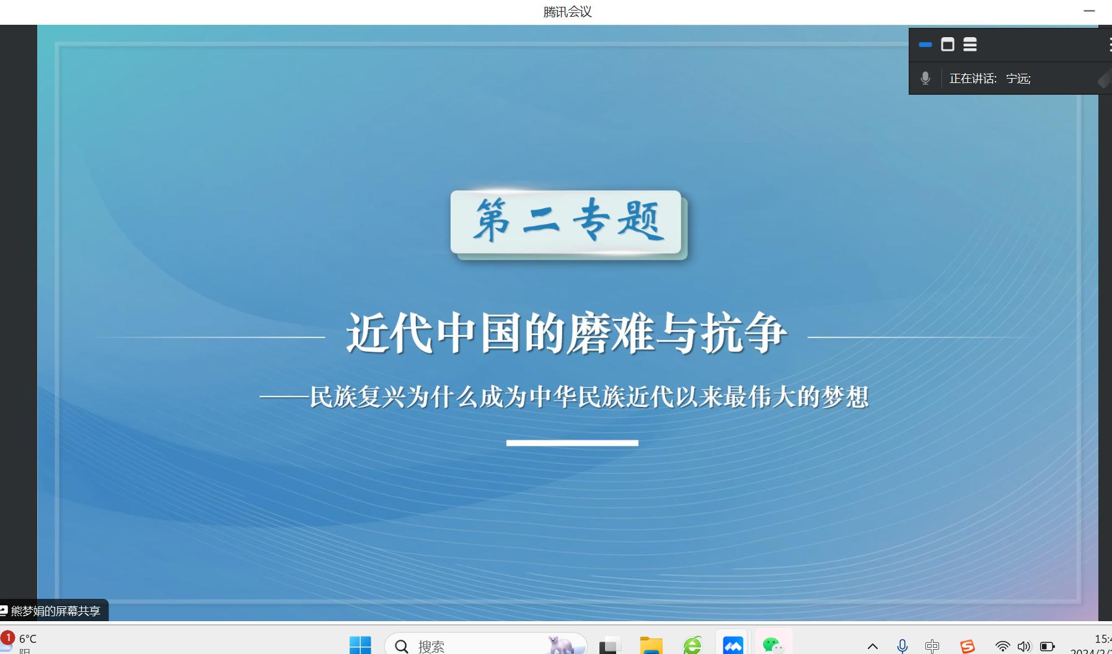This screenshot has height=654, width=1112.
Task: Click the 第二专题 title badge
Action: [x=567, y=222]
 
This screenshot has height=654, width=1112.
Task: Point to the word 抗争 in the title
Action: [x=744, y=333]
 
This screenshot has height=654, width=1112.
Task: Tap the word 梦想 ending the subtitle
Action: [x=845, y=397]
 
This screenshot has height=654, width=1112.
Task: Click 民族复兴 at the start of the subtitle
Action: [x=358, y=397]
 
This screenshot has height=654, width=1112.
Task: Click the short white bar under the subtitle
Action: [x=572, y=443]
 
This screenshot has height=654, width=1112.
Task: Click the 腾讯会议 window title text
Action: [x=567, y=12]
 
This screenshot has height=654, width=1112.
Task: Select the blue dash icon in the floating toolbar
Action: [x=925, y=45]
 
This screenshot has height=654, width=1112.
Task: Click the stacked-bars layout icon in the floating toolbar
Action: [x=970, y=45]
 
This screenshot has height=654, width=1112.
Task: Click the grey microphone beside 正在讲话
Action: [x=925, y=78]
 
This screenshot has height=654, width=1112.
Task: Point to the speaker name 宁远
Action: [x=1017, y=79]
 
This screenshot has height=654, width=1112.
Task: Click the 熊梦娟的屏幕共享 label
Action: [x=55, y=611]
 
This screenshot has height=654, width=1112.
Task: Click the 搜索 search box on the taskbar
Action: [x=485, y=645]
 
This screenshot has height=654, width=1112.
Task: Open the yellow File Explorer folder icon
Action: [x=651, y=645]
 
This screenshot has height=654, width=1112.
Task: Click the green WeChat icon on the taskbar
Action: [x=773, y=645]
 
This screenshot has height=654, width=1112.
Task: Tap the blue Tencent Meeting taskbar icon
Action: [x=733, y=645]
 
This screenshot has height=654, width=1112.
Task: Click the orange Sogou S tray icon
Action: [x=967, y=647]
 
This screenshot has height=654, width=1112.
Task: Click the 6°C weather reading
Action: [x=28, y=639]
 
